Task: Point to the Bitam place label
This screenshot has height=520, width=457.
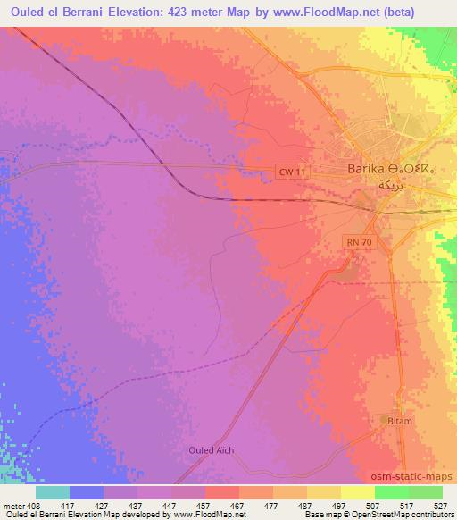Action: pos(402,420)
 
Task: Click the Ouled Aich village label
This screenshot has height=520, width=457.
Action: pos(211,449)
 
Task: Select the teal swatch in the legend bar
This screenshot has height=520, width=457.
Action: pos(53,491)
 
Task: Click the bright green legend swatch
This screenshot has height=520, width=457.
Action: pos(391,491)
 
